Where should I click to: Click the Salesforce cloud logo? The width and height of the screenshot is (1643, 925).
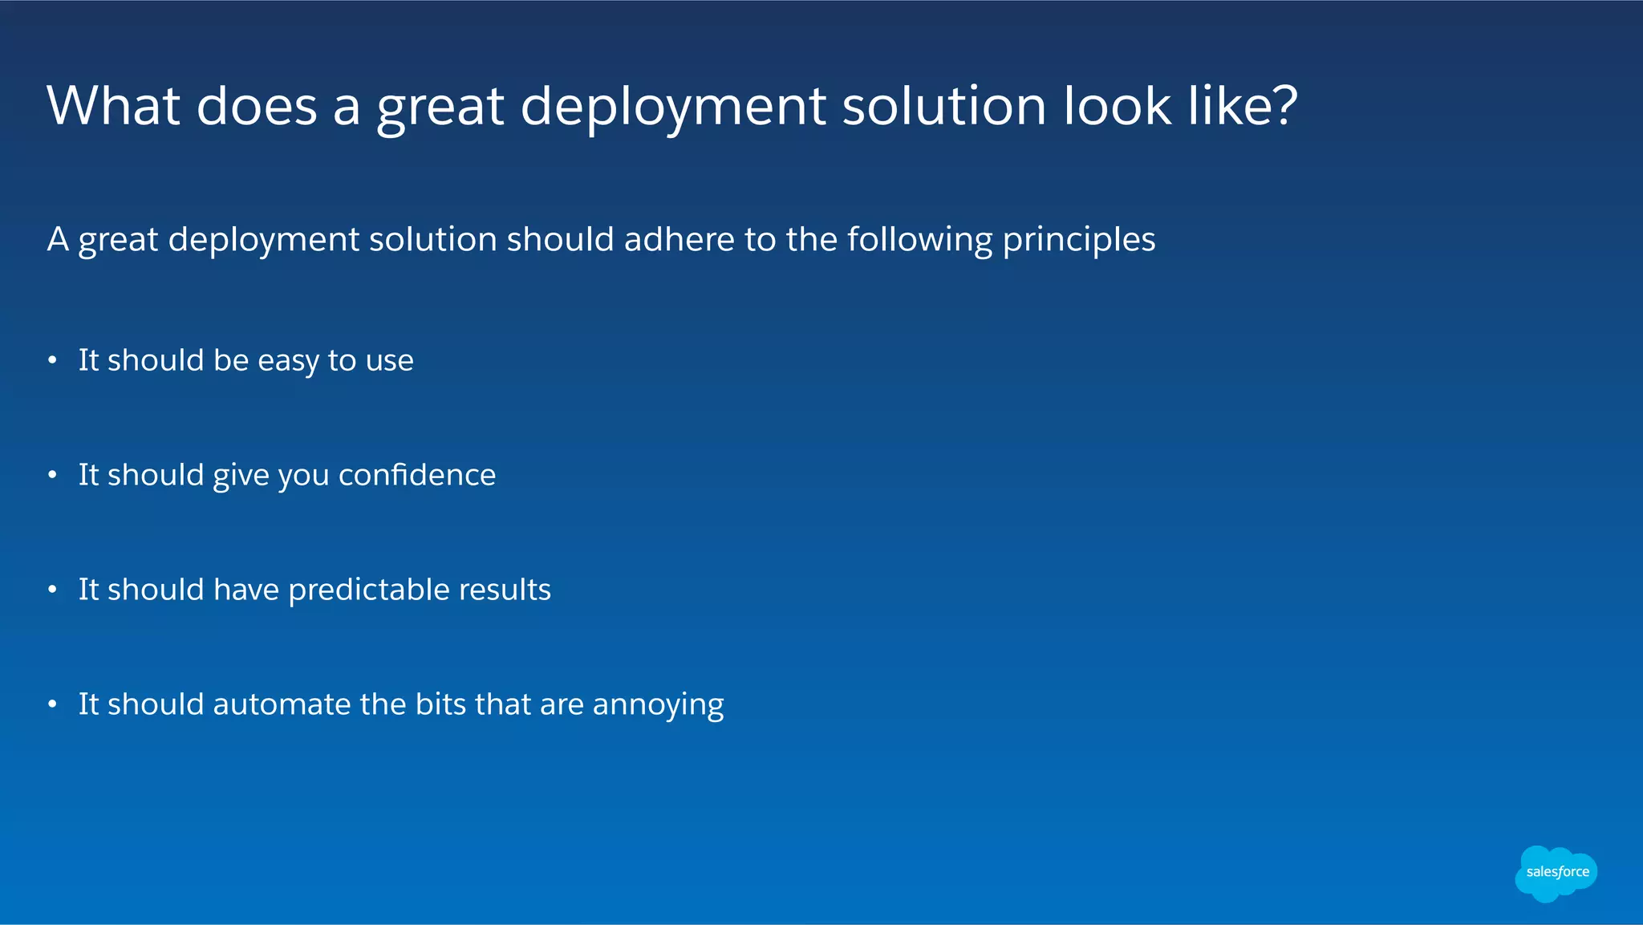click(1556, 873)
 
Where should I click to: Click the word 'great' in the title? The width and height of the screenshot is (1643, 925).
click(440, 108)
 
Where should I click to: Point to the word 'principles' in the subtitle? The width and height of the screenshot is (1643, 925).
click(1079, 241)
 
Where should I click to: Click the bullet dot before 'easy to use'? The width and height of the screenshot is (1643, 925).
click(52, 361)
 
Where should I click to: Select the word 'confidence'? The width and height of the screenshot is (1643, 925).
click(417, 475)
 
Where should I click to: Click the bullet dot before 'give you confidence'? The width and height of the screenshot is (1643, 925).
click(52, 476)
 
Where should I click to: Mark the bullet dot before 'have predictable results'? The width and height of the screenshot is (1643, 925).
click(52, 590)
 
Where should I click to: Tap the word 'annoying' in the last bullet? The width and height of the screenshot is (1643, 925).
click(658, 706)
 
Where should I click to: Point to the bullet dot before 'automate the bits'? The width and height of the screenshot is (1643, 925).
click(52, 705)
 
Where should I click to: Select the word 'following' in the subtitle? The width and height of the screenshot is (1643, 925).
click(920, 241)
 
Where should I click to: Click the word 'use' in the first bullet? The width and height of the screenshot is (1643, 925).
click(389, 361)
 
